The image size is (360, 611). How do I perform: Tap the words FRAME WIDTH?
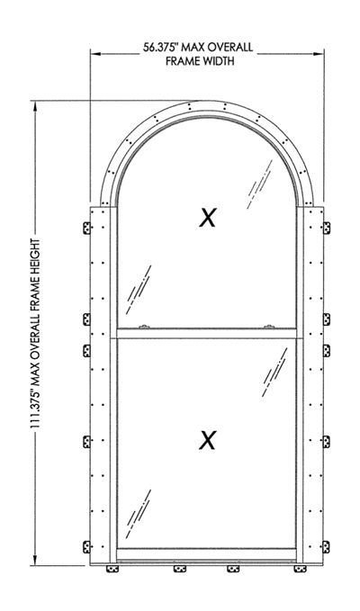pos(201,61)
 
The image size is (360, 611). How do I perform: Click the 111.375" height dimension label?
pos(36,334)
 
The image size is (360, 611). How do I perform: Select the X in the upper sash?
pos(207,218)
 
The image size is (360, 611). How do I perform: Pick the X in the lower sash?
pos(207,440)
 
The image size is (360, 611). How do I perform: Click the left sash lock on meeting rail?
pos(144,326)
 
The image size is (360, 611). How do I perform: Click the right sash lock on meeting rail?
pos(268,326)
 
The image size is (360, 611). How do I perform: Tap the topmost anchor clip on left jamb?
pos(86,228)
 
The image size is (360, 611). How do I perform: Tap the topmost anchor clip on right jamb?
pos(327,228)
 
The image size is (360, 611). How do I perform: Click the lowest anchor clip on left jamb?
pos(86,547)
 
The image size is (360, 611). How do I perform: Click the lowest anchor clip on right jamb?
pos(327,547)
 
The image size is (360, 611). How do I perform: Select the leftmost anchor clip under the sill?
pos(112,569)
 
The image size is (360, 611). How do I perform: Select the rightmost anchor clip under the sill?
pos(300,569)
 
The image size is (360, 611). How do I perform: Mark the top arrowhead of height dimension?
pos(36,106)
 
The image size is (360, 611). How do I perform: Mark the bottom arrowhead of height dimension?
pos(36,560)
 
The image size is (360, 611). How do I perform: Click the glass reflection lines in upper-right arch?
pos(259,184)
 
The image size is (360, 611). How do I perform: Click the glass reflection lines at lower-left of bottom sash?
pos(139,514)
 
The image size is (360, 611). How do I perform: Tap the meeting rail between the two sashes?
pos(207,334)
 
